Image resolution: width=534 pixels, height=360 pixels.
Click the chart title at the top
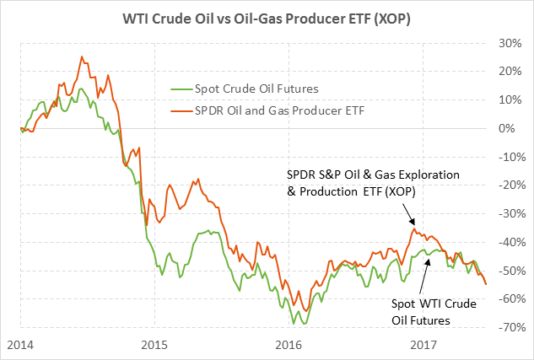point(267,17)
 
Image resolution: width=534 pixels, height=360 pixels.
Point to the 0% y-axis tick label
point(510,128)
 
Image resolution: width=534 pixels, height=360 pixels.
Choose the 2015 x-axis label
point(154,344)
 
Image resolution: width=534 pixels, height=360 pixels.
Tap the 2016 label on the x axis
point(289,344)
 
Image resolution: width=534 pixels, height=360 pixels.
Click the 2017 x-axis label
point(423,344)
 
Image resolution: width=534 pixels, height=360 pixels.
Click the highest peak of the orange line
point(82,57)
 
